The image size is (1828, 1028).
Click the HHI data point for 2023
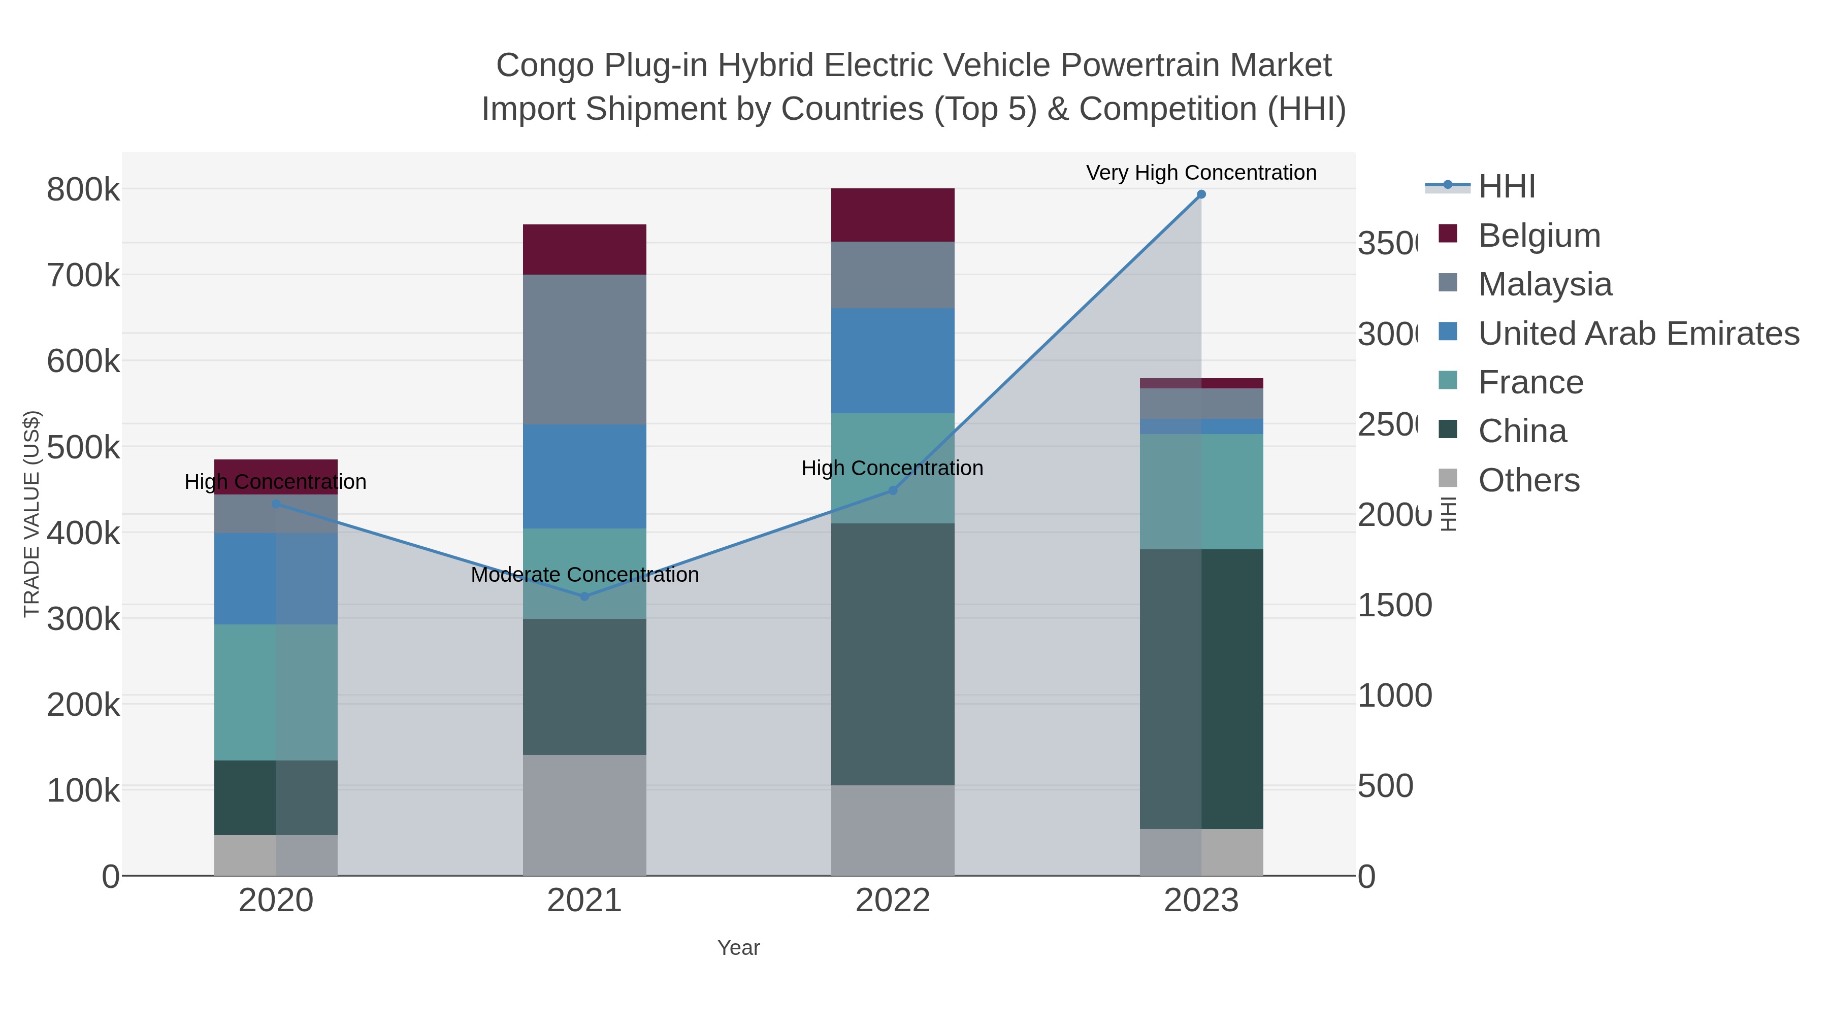pos(1201,194)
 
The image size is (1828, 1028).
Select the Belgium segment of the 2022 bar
pos(892,215)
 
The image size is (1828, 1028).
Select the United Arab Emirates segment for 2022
pos(892,360)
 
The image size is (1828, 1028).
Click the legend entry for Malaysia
pos(1544,284)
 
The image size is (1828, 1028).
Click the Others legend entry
pos(1528,480)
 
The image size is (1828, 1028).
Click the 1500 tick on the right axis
pos(1394,605)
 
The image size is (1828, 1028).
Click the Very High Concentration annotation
pos(1201,173)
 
